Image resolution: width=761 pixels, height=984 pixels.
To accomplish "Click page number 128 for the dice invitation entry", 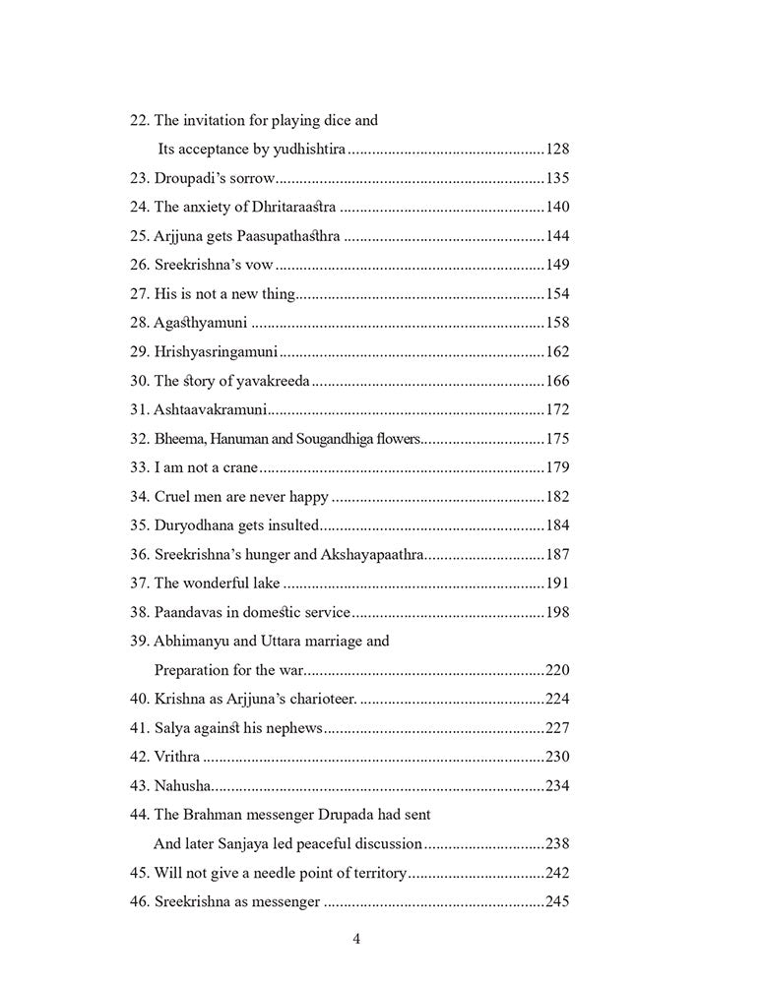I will pos(557,150).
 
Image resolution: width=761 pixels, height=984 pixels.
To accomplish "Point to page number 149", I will pos(557,265).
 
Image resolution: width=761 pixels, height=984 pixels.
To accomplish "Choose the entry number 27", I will pos(140,293).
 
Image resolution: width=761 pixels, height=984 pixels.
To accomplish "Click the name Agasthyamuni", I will pos(201,323).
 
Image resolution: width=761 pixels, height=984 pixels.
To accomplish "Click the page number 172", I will pos(557,409).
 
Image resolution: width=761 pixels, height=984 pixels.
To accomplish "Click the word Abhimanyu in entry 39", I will pos(191,641).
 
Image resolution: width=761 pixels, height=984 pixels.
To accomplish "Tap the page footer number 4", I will pos(356,939).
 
